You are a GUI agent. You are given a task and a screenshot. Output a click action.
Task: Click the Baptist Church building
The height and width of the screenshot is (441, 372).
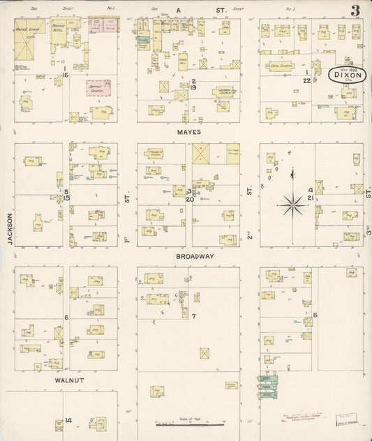tap(98, 89)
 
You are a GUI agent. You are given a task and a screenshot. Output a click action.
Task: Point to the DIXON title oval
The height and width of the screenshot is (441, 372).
tap(346, 75)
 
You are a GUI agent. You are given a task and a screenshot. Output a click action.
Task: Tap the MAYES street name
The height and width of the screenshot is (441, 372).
tap(188, 131)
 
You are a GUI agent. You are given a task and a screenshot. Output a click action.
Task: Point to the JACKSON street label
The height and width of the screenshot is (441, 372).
tap(10, 229)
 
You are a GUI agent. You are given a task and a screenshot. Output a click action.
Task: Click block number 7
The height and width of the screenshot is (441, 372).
tap(193, 316)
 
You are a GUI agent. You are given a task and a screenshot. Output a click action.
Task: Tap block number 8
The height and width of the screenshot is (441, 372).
tap(315, 315)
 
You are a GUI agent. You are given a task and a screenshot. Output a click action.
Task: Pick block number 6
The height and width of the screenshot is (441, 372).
tap(66, 317)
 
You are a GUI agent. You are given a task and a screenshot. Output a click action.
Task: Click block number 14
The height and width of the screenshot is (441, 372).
tap(68, 420)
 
